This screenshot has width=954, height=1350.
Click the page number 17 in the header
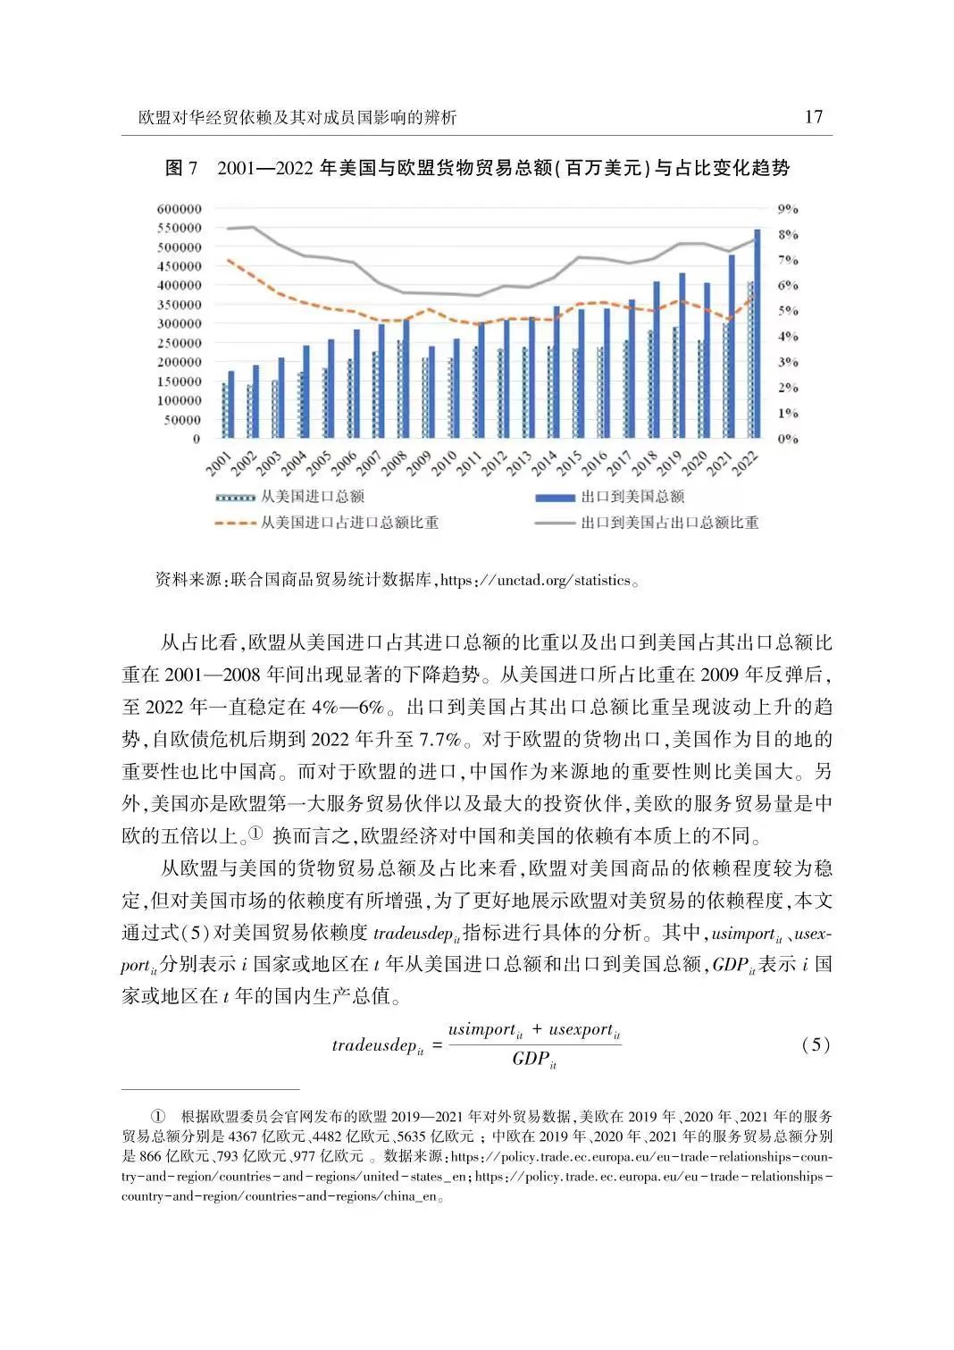pyautogui.click(x=813, y=117)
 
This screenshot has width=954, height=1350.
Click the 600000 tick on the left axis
pyautogui.click(x=180, y=209)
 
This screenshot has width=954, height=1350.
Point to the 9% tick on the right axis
pyautogui.click(x=788, y=209)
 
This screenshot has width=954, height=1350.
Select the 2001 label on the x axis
pyautogui.click(x=218, y=463)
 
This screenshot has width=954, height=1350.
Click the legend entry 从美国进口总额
pyautogui.click(x=312, y=497)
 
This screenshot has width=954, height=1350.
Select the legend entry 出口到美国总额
pyautogui.click(x=632, y=497)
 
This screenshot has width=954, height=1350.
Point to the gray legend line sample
pyautogui.click(x=555, y=523)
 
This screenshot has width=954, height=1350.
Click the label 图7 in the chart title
pyautogui.click(x=181, y=169)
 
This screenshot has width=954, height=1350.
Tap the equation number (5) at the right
pyautogui.click(x=816, y=1044)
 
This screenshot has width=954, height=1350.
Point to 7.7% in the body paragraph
pyautogui.click(x=439, y=739)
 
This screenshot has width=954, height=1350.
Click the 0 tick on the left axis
pyautogui.click(x=197, y=439)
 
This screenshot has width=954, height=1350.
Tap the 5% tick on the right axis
pyautogui.click(x=788, y=312)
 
